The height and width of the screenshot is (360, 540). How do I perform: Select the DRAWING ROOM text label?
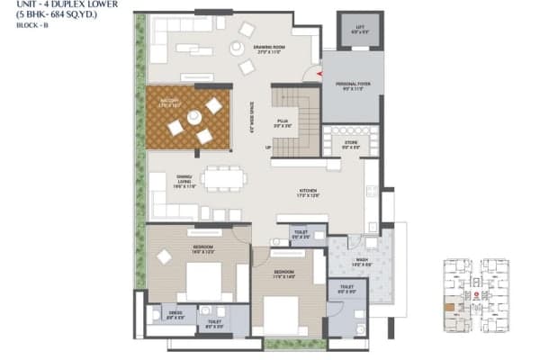click(x=269, y=49)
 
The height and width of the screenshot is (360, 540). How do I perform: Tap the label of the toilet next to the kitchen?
click(x=300, y=236)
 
